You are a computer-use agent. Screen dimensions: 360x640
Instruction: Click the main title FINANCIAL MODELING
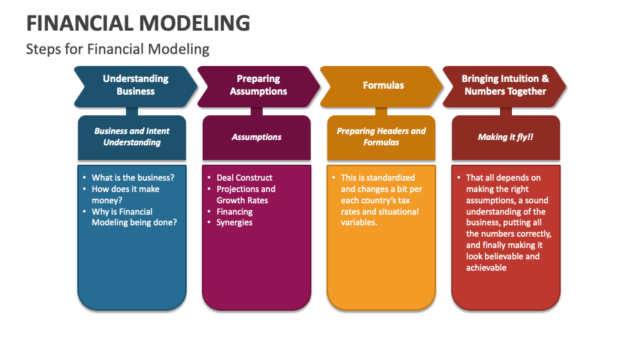click(x=139, y=23)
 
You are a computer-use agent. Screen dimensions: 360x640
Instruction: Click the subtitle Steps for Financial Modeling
click(x=117, y=49)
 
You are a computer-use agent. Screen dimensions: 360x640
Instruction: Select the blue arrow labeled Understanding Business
click(x=135, y=85)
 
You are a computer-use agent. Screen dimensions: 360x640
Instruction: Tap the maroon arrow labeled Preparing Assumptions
click(x=259, y=85)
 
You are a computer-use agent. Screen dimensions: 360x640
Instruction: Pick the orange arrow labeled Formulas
click(x=383, y=85)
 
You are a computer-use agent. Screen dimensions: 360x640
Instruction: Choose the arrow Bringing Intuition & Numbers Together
click(x=505, y=85)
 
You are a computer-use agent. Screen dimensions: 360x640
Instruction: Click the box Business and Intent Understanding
click(x=132, y=137)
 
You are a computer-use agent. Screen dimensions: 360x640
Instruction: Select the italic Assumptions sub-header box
click(x=257, y=137)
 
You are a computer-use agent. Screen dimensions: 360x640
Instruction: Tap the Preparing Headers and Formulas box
click(x=381, y=137)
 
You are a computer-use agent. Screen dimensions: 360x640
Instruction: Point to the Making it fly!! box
click(x=506, y=137)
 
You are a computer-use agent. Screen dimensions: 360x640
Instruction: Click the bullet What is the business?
click(x=133, y=177)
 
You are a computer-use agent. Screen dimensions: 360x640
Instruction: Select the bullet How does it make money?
click(x=125, y=195)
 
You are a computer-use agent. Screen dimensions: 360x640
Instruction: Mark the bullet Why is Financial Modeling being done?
click(x=133, y=217)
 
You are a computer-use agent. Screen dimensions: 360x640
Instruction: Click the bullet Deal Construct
click(x=244, y=177)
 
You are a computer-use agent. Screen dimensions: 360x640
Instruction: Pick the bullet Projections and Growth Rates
click(x=245, y=195)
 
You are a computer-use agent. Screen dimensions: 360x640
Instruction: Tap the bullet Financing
click(x=235, y=211)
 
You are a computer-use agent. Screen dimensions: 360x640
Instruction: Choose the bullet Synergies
click(x=235, y=223)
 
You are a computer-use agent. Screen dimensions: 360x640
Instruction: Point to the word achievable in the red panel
click(x=487, y=268)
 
